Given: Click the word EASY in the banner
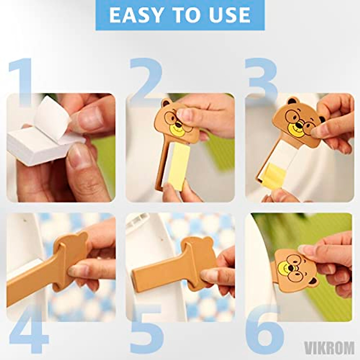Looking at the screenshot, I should (x=134, y=15).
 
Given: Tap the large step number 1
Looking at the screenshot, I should (x=21, y=82).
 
